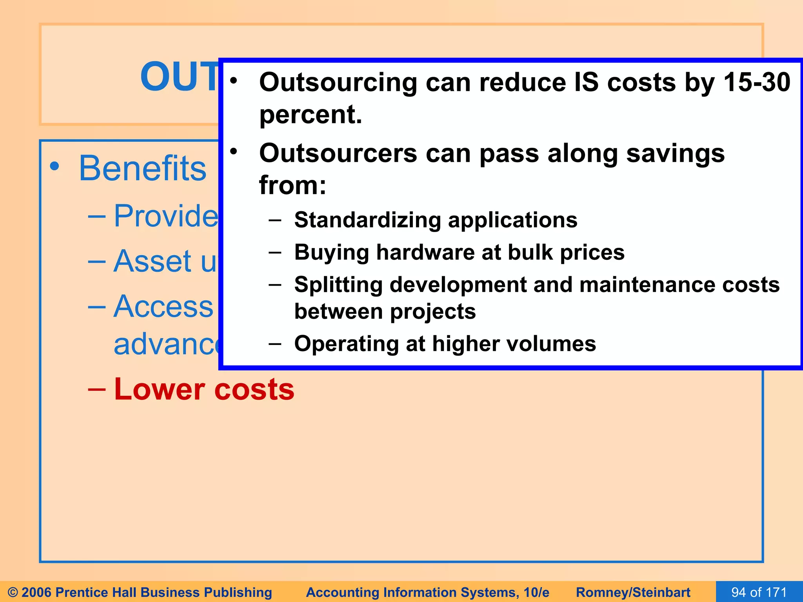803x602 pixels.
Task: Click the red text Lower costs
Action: [204, 389]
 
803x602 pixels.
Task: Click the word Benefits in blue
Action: [142, 169]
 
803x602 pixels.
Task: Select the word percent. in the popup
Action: [311, 114]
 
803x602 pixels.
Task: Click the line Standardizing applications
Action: [435, 220]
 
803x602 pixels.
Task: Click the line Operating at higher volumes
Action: [445, 344]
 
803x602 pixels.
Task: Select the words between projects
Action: [385, 312]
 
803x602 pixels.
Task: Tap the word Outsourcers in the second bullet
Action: [338, 153]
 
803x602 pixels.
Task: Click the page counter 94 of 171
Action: [759, 592]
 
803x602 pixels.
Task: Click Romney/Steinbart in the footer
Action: [633, 592]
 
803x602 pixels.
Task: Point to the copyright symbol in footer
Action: [13, 592]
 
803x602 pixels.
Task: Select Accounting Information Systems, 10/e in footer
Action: [427, 592]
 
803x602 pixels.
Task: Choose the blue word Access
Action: [163, 306]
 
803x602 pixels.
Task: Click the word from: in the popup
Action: [292, 185]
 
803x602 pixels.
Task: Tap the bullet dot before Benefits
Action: [55, 166]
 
